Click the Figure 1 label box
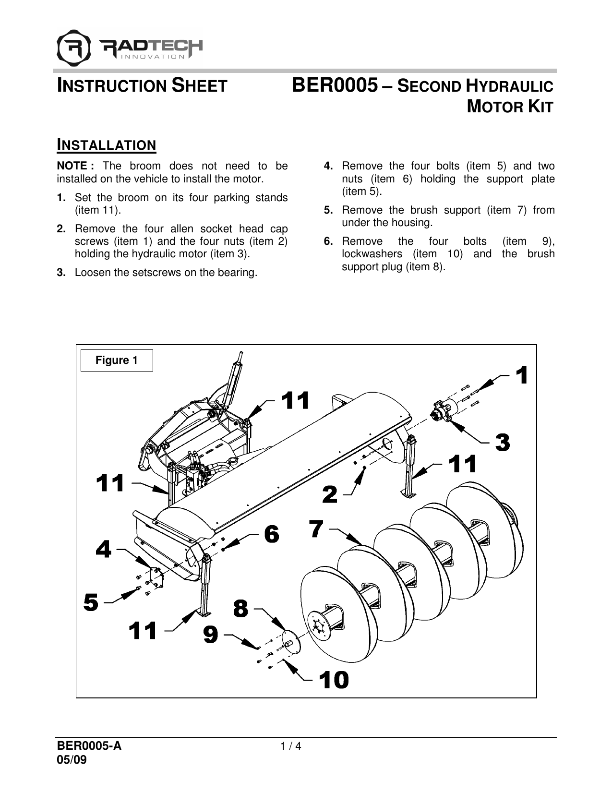(x=117, y=360)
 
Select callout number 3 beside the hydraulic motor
(x=502, y=442)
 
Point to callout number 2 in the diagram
(x=330, y=494)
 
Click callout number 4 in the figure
(x=104, y=549)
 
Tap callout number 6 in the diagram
(x=271, y=534)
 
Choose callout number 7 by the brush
(x=316, y=529)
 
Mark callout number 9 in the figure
(x=210, y=635)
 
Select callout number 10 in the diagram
(x=335, y=680)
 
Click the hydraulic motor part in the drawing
(x=444, y=409)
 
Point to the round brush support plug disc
(x=292, y=642)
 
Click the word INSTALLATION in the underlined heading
(x=107, y=145)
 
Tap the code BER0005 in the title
(x=334, y=86)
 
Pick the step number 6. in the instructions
(x=328, y=241)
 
